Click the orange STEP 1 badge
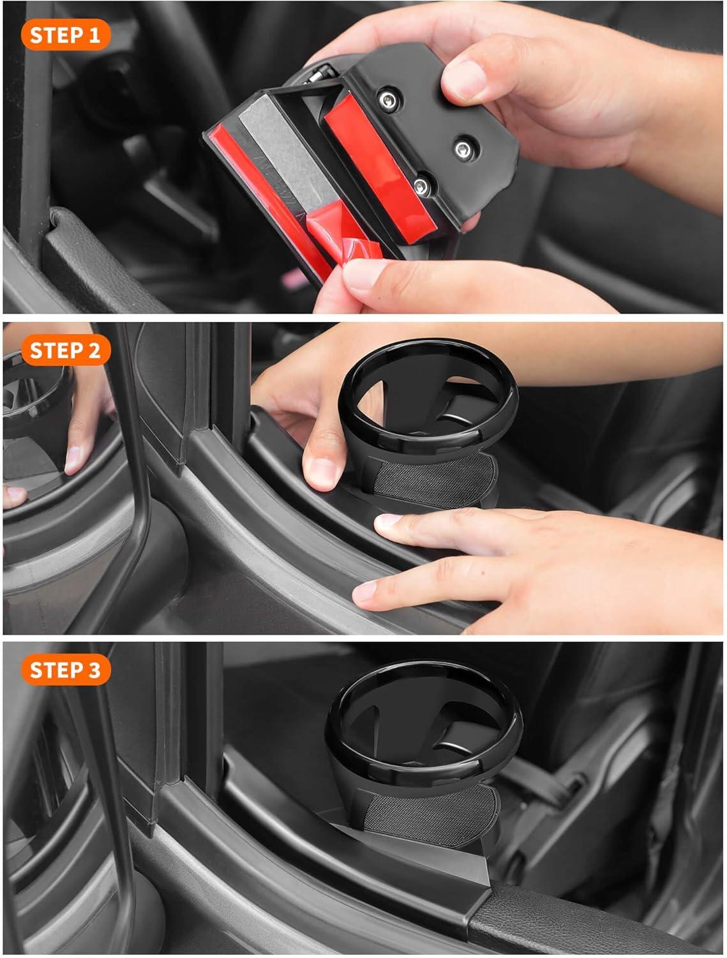point(65,35)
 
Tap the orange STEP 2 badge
point(65,350)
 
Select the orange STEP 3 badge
point(65,670)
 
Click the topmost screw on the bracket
point(388,100)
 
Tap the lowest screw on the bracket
point(421,186)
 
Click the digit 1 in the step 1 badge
point(94,35)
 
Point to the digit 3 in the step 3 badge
point(94,670)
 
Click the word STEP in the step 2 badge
point(56,350)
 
